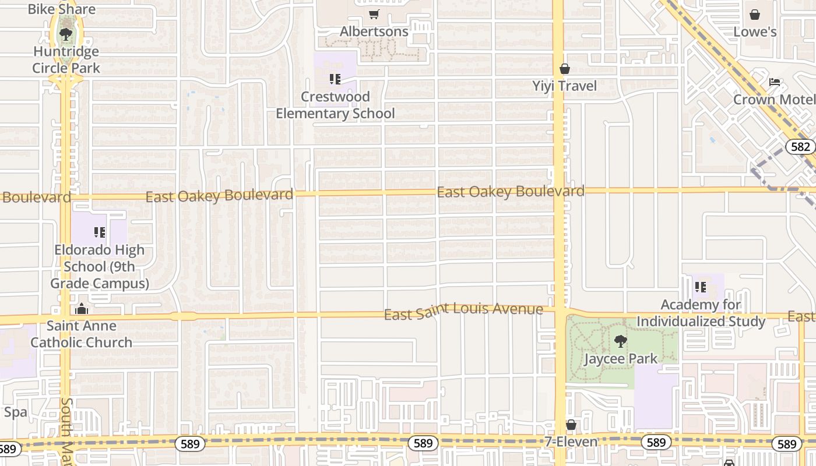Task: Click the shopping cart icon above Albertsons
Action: pos(374,15)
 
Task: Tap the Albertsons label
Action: pos(374,31)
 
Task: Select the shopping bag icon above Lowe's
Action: pos(755,15)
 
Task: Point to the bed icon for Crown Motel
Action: pos(775,82)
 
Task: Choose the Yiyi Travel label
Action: pos(564,86)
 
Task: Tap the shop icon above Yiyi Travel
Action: pos(564,69)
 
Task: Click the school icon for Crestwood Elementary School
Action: pos(335,79)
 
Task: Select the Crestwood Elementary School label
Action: pos(335,105)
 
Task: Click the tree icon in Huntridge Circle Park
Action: pos(66,34)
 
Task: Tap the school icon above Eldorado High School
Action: pos(100,233)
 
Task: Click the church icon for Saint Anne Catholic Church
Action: pos(82,308)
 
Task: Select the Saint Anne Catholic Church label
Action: pos(82,334)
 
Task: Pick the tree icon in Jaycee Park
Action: pos(621,341)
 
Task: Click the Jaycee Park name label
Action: pos(621,358)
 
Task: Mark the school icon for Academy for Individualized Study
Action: pos(701,287)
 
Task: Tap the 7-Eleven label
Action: pos(571,442)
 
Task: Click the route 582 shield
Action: pos(800,146)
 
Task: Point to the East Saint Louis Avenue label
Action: pos(463,311)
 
